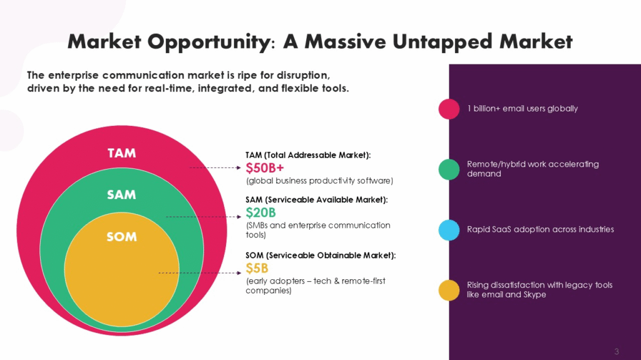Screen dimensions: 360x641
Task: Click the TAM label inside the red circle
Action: pos(121,153)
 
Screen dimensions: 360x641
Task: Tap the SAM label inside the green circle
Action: pos(121,195)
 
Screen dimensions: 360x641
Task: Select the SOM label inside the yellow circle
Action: pos(121,237)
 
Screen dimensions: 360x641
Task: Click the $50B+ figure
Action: pos(265,168)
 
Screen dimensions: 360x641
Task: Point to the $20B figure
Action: pos(261,213)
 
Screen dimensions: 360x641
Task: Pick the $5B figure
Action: pos(257,269)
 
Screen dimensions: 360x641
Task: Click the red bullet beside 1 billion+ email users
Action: pos(449,108)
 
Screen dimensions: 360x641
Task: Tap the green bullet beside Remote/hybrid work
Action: pos(449,169)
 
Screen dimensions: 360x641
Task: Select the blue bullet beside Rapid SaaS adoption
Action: pos(449,229)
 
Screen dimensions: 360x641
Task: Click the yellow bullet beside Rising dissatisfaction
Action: pos(449,290)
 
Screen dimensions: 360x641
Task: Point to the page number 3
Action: pos(617,350)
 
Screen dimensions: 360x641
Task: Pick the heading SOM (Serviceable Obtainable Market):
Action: pos(320,255)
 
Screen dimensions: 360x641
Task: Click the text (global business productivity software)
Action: pos(319,181)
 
